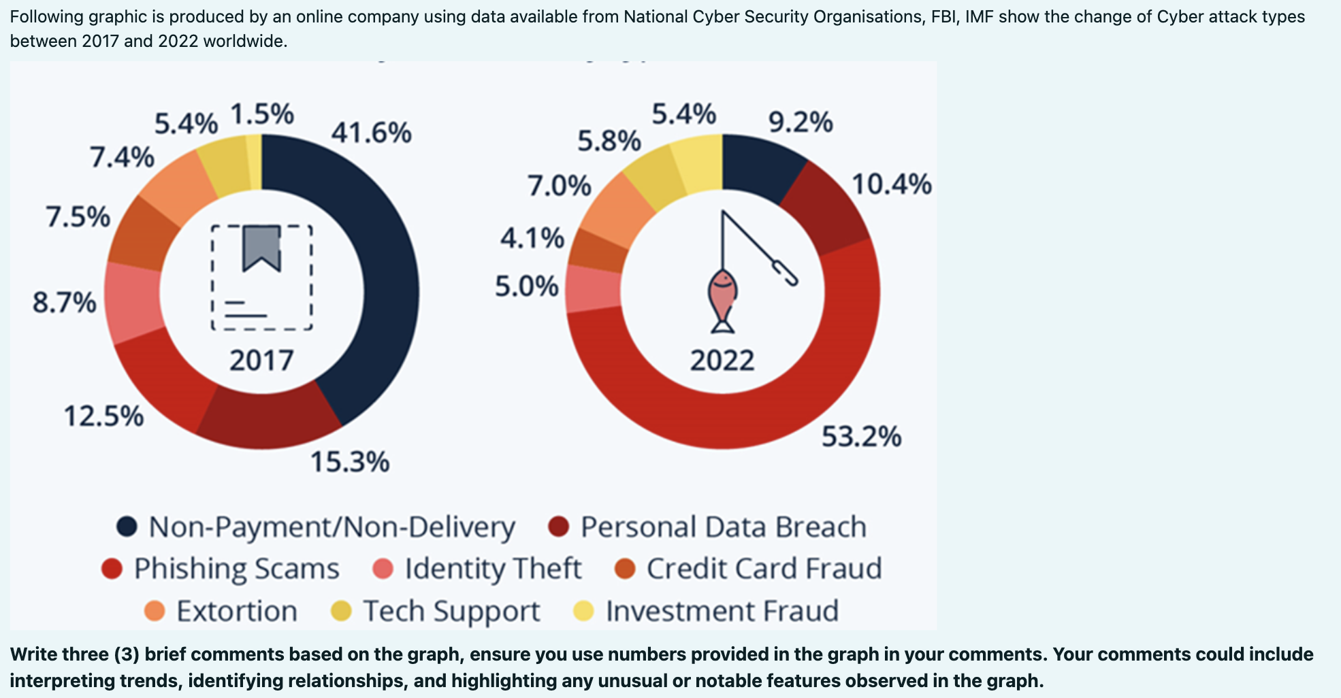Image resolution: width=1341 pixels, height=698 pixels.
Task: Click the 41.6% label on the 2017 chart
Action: [x=371, y=132]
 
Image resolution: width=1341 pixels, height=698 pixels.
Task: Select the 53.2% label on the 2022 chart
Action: [x=861, y=436]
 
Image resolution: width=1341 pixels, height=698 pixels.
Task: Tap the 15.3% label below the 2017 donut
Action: [x=350, y=462]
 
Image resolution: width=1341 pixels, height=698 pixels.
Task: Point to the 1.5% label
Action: [x=262, y=114]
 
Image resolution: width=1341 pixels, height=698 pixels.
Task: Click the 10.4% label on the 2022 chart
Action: [x=891, y=184]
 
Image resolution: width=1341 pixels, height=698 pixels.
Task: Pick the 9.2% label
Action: [x=801, y=122]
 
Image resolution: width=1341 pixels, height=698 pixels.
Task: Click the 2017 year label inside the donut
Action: [x=261, y=360]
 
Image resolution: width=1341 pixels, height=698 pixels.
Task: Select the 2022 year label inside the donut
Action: [x=722, y=360]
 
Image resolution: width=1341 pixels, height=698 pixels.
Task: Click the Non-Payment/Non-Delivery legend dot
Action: [x=127, y=527]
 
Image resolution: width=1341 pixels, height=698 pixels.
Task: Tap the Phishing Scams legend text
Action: [x=236, y=569]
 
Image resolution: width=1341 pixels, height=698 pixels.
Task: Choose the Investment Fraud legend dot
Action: [x=583, y=611]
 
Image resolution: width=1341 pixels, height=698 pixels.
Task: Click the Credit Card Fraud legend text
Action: [x=764, y=569]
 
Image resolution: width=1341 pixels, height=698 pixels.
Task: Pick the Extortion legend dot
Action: [x=155, y=611]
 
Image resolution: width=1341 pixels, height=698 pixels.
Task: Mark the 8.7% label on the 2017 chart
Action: [x=65, y=302]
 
